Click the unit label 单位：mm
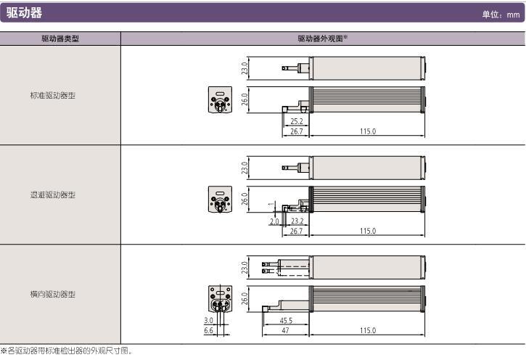[x=501, y=15]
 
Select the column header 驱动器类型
[x=60, y=38]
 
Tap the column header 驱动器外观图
[x=322, y=38]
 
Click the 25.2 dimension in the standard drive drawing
[x=296, y=122]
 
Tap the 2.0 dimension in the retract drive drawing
[x=275, y=221]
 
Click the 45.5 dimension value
[x=286, y=320]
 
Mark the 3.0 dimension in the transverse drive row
[x=209, y=320]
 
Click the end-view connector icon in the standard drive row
[x=218, y=101]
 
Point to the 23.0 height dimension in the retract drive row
[x=245, y=168]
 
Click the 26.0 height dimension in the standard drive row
[x=245, y=98]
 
